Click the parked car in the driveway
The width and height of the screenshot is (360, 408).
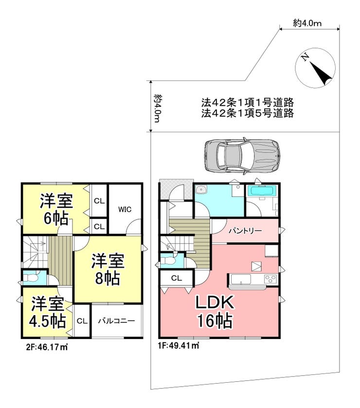[242, 156]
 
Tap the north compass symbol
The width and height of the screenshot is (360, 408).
[315, 68]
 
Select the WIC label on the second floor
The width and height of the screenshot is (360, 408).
[125, 210]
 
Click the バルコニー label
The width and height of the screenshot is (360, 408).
[116, 320]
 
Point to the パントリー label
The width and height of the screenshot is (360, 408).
[245, 231]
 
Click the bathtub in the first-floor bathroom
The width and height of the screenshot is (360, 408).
[260, 191]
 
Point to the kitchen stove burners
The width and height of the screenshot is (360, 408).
[270, 280]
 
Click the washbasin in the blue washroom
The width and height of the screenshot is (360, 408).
[201, 190]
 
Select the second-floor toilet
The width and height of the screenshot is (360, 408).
[31, 278]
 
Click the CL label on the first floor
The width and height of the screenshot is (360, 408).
[177, 278]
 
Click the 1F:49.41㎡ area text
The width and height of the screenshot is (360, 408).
[179, 346]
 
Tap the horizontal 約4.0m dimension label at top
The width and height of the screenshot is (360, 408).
[307, 23]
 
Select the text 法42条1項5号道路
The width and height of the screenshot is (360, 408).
[248, 113]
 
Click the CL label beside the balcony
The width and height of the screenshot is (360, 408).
[82, 321]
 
